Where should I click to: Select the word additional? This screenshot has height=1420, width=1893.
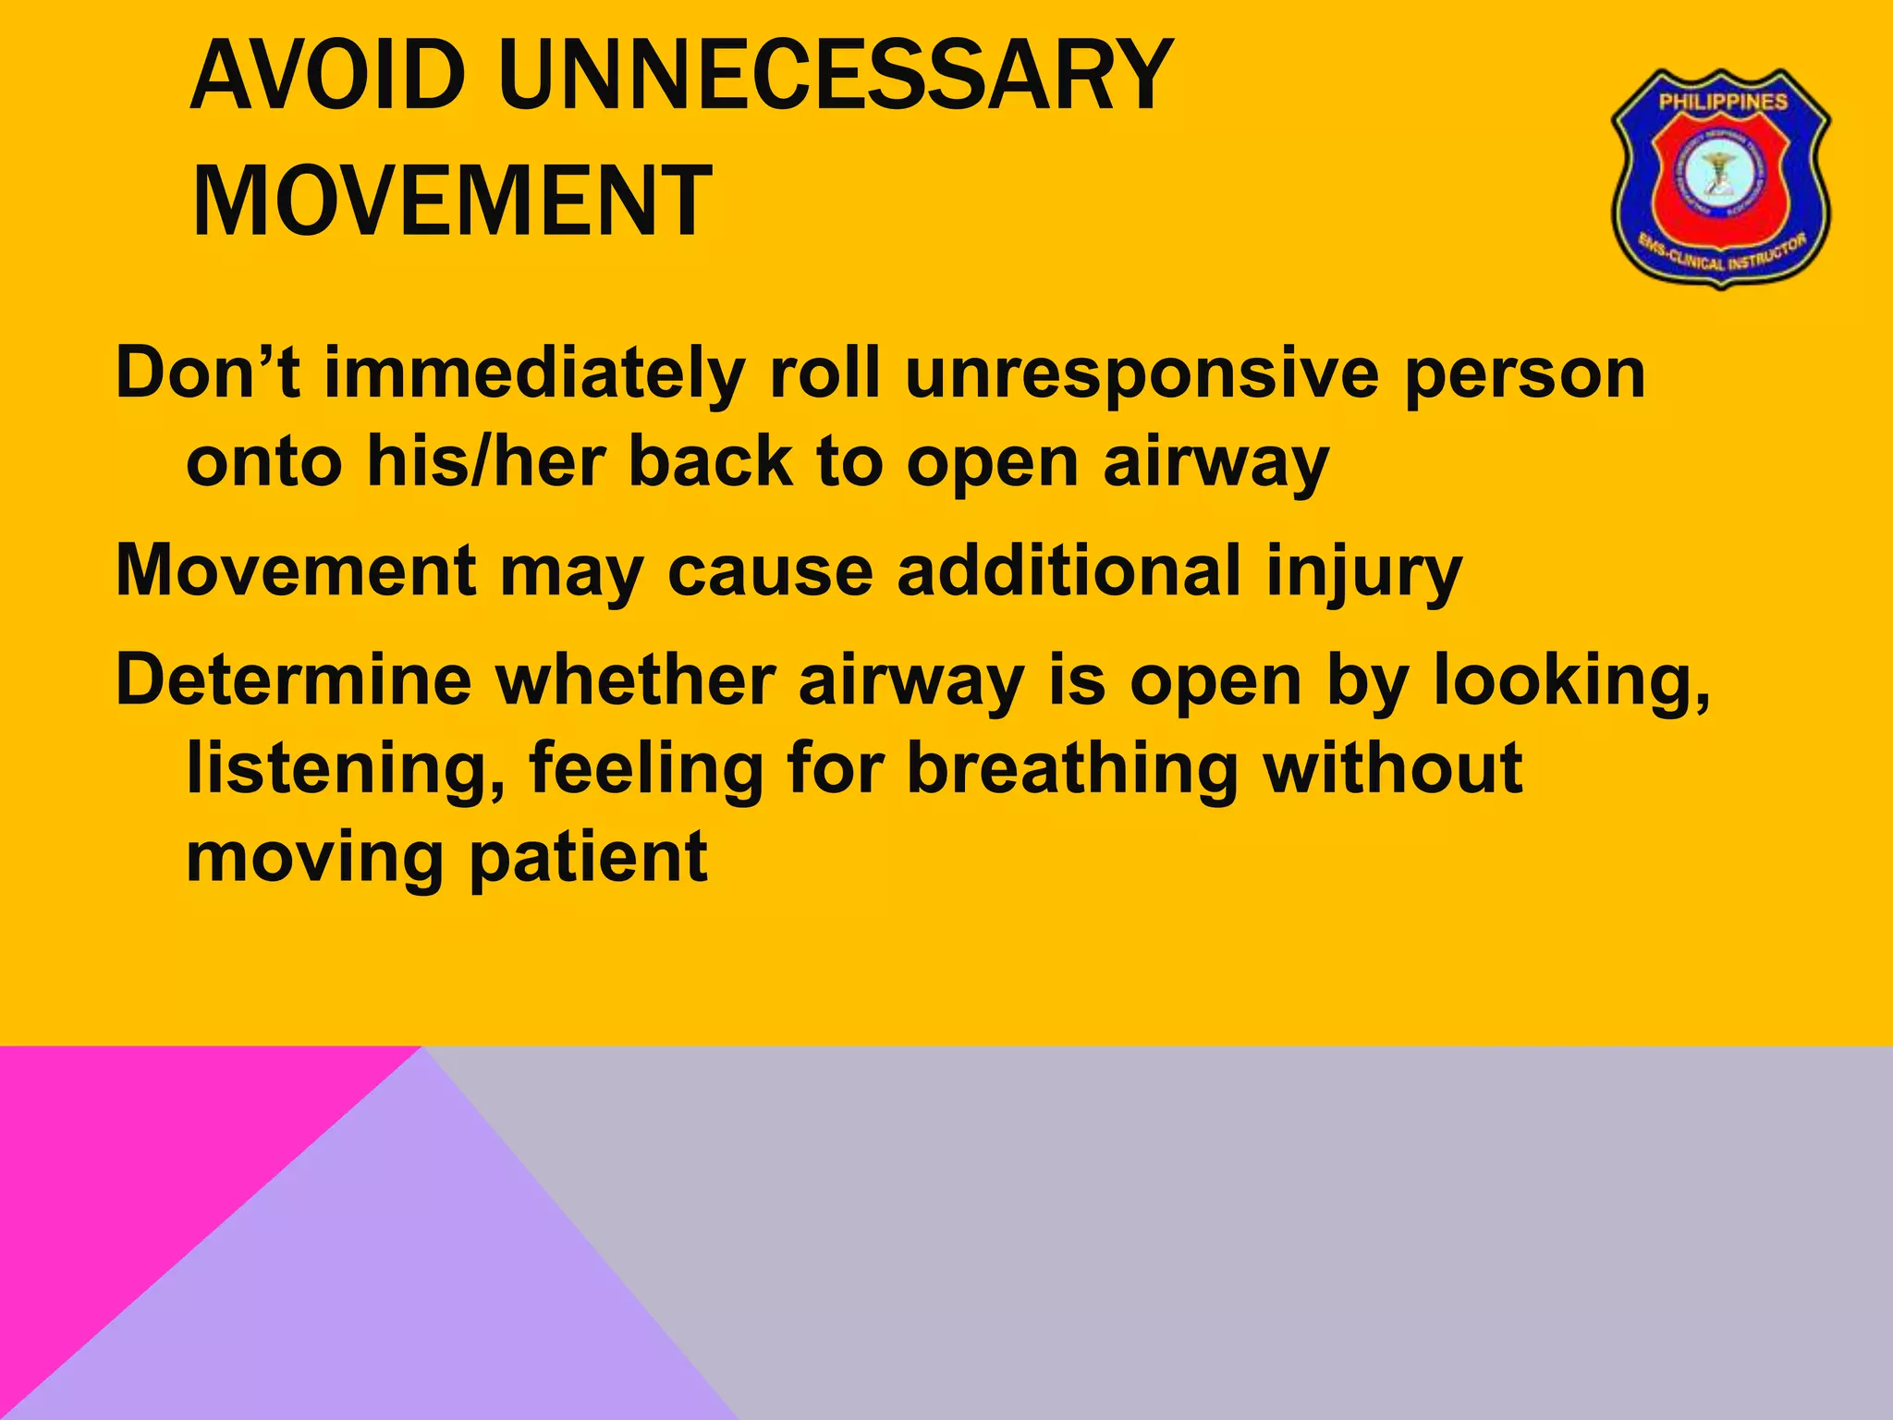coord(1069,569)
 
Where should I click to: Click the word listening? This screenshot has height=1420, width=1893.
coord(346,769)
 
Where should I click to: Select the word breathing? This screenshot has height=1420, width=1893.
coord(1072,769)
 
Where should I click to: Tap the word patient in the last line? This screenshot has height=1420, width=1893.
coord(588,858)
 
